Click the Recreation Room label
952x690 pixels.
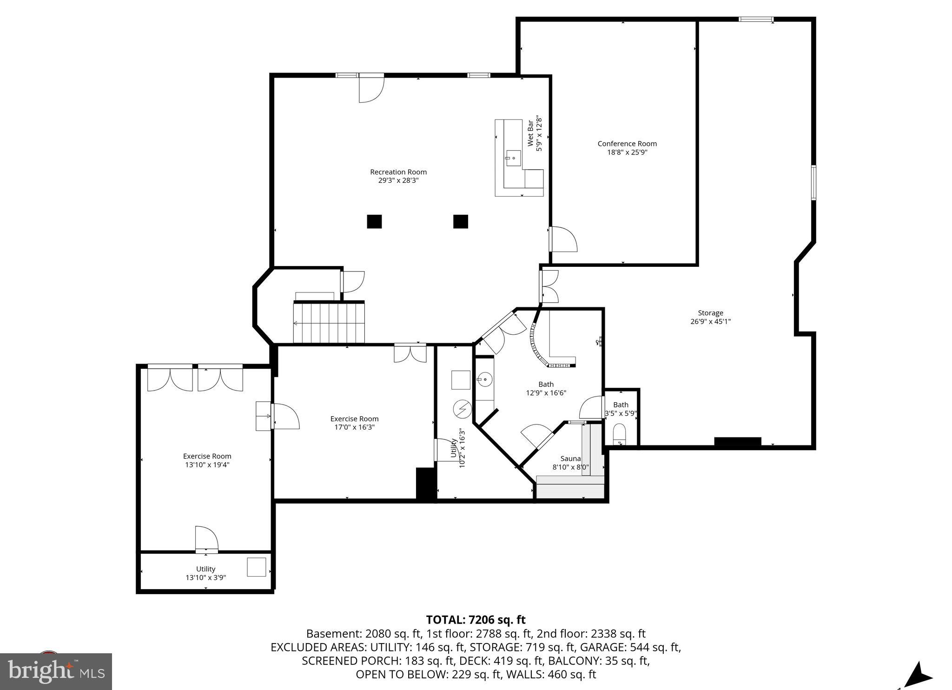[398, 172]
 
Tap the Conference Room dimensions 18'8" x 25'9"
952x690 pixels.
[627, 152]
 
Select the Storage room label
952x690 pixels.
[710, 313]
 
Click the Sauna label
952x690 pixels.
[570, 458]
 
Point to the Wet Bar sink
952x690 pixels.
[514, 158]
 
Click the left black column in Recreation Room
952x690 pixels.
[374, 221]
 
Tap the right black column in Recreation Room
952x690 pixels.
[460, 221]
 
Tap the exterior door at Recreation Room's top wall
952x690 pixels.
[371, 88]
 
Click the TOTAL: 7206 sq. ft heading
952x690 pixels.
[476, 620]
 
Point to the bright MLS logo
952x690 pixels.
[56, 671]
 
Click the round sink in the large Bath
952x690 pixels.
[484, 380]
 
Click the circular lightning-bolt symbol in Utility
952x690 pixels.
[462, 409]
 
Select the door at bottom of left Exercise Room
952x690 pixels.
[206, 539]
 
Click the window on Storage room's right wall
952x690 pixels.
[813, 183]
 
